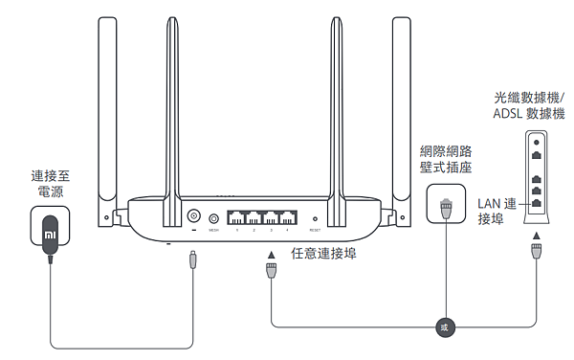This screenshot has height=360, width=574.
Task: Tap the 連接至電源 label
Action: coord(50,185)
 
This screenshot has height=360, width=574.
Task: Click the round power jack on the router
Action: coord(194,217)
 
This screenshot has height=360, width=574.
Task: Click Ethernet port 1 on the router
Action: coord(237,217)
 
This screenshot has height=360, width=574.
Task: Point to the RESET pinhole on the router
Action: coord(315,219)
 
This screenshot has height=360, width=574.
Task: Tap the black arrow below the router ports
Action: coord(271,254)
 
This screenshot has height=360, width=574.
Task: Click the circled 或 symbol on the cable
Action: coord(442,326)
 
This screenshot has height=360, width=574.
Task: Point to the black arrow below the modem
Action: coord(536,236)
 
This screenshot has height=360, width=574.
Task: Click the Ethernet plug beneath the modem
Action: coord(536,253)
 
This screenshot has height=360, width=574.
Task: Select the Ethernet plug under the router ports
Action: coord(271,273)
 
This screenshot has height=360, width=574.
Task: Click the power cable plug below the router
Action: coord(194,259)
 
